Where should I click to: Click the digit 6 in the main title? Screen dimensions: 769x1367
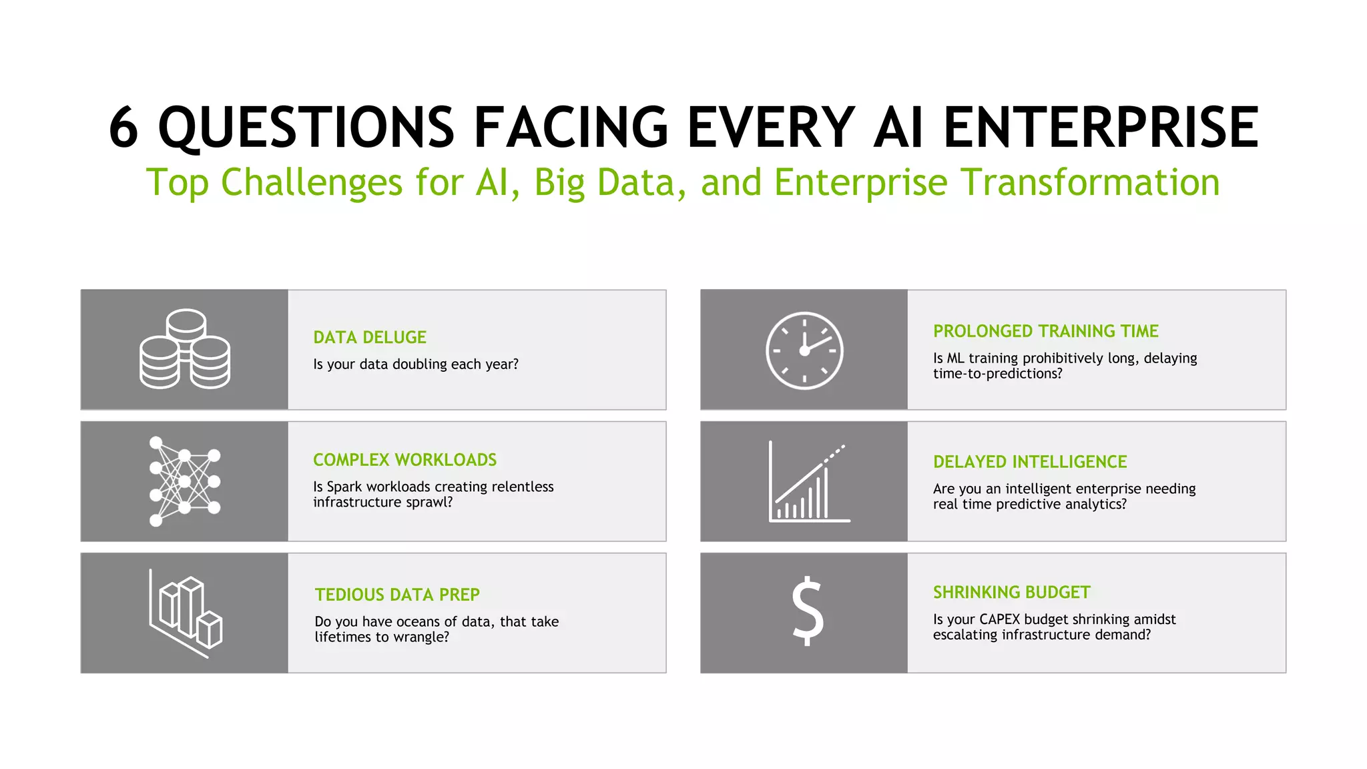tap(124, 127)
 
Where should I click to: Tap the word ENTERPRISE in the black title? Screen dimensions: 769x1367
tap(1101, 127)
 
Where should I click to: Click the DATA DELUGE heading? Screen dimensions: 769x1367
tap(370, 337)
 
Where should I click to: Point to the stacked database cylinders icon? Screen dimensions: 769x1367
tap(185, 349)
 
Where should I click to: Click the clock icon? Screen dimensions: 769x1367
tap(804, 350)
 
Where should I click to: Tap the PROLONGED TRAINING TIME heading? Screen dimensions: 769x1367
tap(1045, 331)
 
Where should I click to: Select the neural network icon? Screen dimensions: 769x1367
tap(184, 481)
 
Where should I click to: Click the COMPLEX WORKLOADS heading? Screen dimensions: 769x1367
tap(404, 460)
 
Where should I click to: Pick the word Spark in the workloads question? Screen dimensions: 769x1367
tap(344, 487)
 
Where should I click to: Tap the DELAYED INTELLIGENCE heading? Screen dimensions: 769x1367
tap(1029, 462)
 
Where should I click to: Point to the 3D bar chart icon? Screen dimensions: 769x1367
tap(185, 613)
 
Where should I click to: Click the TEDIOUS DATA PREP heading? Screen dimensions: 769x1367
tap(397, 595)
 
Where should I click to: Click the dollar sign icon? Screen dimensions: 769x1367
tap(808, 611)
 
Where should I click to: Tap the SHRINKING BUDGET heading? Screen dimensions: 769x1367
tap(1011, 592)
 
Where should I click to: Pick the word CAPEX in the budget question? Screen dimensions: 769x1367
tap(999, 619)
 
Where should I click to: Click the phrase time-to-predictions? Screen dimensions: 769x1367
tap(997, 374)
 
